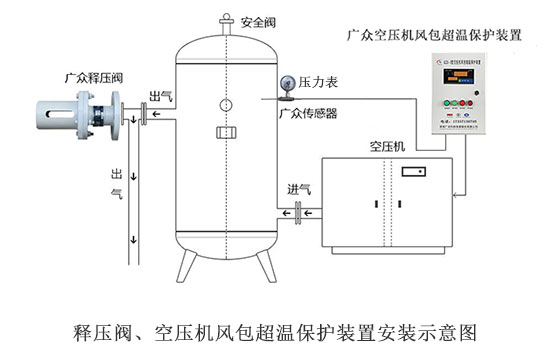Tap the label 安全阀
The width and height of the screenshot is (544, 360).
(259, 19)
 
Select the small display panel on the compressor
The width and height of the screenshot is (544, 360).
(413, 172)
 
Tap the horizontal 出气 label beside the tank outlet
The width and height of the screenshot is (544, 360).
(160, 97)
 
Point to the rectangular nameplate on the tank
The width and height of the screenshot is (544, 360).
(225, 134)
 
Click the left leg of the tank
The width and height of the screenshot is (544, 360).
(186, 267)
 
